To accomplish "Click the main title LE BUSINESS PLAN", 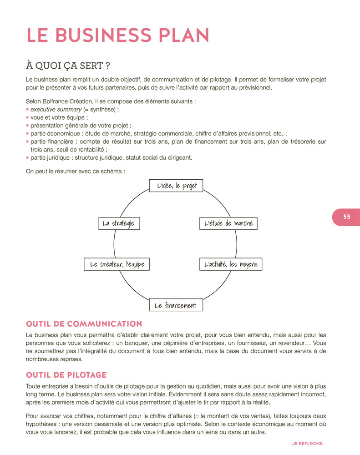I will pos(118,35).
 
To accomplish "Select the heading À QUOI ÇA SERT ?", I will pos(68,66).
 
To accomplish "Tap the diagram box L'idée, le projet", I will pos(176,186).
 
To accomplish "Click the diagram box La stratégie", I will pos(119,223).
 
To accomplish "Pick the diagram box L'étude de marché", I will pos(228,223).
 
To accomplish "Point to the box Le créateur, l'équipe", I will pos(117,264).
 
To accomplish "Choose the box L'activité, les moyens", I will pos(231,264).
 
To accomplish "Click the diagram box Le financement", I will pos(176,305).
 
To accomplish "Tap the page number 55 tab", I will pos(346,217).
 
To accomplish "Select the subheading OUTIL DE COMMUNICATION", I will pos(84,324).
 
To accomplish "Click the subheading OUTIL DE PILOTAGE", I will pos(66,375).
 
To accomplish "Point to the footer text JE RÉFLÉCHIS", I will pos(307,443).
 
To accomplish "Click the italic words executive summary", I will pos(56,110).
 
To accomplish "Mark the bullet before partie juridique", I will pos(28,158).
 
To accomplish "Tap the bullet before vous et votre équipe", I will pos(28,117).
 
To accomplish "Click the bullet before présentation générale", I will pos(28,126).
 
